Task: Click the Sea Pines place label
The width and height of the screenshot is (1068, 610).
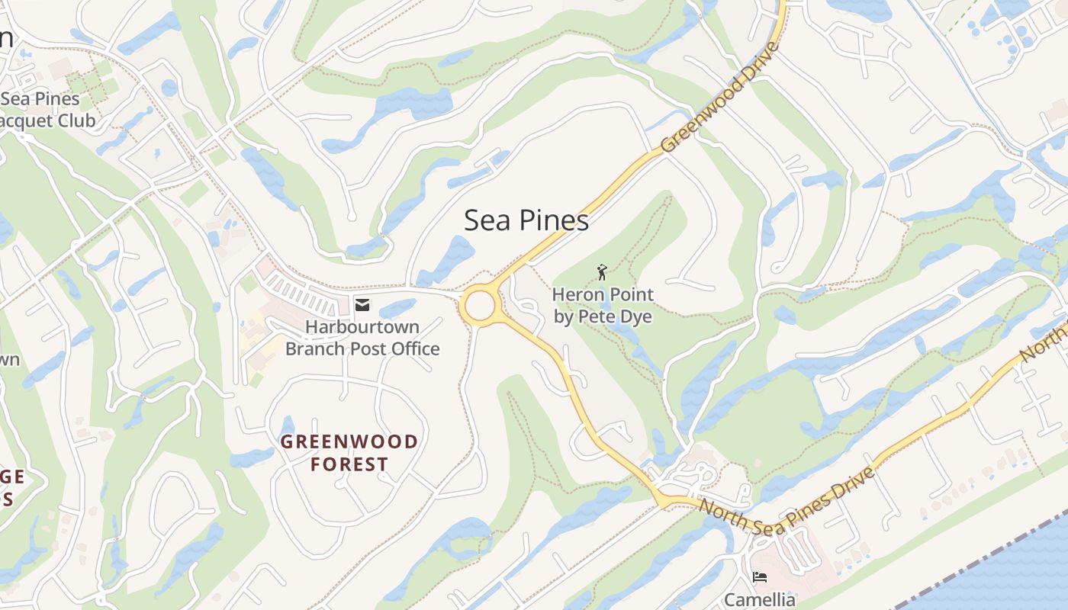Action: (526, 220)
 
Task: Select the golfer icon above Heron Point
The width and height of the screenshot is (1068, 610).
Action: (602, 272)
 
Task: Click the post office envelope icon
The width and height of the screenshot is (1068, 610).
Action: (362, 306)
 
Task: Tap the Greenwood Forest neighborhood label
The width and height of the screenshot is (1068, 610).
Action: (349, 453)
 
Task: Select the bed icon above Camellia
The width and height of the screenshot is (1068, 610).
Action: (759, 576)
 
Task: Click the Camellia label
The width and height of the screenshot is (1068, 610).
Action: (759, 599)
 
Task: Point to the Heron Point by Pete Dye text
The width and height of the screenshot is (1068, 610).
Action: (603, 305)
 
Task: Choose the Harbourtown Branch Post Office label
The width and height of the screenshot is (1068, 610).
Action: (362, 338)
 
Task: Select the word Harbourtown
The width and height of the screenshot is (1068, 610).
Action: (362, 327)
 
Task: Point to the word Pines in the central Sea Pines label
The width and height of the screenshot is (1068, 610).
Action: (555, 220)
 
